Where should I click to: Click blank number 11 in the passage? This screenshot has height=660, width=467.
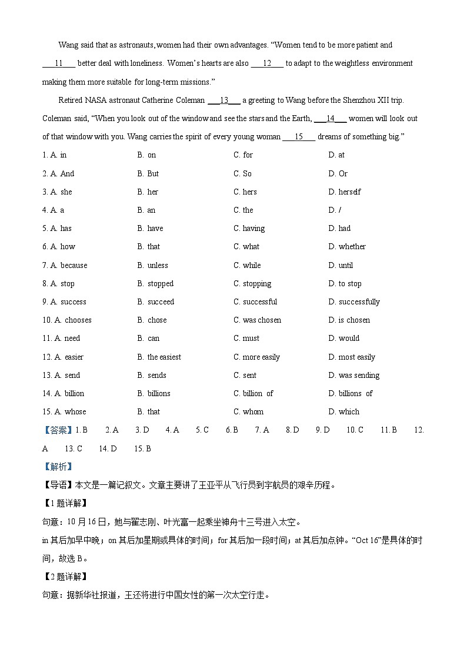click(x=58, y=63)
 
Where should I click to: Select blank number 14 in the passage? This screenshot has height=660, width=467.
click(x=330, y=119)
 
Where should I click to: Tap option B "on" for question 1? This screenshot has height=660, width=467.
click(x=147, y=155)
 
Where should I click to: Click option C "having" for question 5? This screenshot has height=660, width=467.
click(x=249, y=229)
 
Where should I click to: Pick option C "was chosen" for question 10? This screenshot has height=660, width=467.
click(x=257, y=320)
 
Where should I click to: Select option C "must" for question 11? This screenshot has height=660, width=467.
click(x=246, y=339)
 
